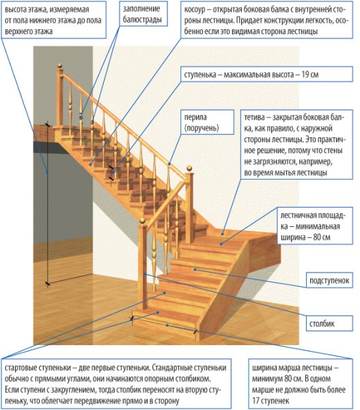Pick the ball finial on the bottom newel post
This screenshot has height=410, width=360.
pos(141,223)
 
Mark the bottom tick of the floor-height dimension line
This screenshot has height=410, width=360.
pos(46,282)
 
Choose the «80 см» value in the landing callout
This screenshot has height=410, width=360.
pos(318,236)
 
